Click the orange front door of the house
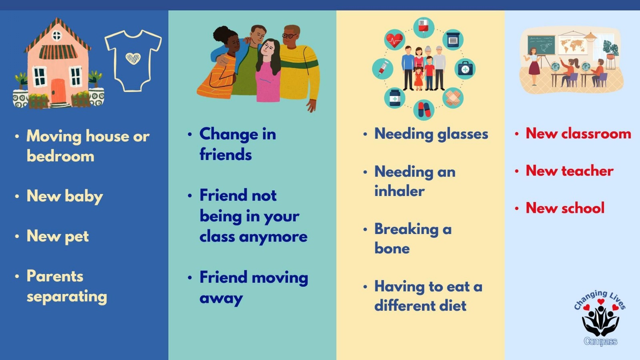pos(58,91)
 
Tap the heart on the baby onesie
pos(133,58)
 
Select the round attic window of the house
pos(57,36)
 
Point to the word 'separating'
pos(67,296)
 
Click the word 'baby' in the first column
pos(84,196)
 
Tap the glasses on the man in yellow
pos(289,36)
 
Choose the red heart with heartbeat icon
pos(394,40)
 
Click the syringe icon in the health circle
pos(382,68)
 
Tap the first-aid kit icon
pos(465,69)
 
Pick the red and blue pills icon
pos(424,110)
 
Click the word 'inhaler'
pos(400,191)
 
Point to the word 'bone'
pos(392,248)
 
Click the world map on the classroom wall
pos(572,45)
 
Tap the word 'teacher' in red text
pos(588,171)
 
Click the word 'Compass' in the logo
pos(600,342)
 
